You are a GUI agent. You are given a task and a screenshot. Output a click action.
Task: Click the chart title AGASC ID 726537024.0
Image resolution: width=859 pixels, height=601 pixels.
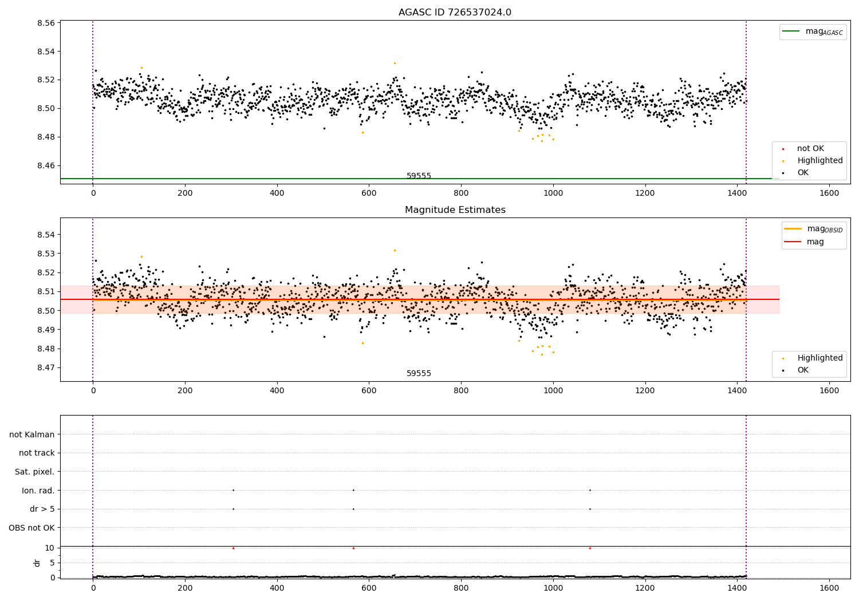click(455, 13)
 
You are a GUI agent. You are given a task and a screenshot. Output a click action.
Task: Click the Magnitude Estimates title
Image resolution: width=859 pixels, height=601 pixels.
click(455, 210)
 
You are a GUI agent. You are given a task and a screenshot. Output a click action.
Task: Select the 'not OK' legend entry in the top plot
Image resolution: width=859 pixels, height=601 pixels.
click(810, 149)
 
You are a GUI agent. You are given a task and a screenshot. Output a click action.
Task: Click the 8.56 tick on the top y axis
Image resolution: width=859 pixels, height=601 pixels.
click(46, 23)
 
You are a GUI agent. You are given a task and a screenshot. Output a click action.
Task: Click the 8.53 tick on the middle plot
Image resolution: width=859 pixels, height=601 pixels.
click(46, 254)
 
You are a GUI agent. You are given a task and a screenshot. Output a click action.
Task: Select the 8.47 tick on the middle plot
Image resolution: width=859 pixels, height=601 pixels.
click(46, 368)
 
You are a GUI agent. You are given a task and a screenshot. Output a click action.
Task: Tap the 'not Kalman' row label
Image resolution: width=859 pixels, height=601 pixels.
click(32, 434)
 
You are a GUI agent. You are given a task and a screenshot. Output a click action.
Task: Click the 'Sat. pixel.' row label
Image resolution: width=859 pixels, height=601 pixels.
click(34, 472)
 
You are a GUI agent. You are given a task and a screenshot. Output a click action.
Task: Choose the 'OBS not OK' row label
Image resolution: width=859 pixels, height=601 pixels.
click(31, 528)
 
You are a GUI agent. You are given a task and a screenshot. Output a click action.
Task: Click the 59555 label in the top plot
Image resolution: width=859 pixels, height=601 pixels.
click(419, 176)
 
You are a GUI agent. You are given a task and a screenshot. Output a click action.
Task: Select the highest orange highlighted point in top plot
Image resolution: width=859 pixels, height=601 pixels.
click(395, 63)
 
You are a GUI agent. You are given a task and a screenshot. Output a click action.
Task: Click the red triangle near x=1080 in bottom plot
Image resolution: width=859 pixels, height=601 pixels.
click(590, 548)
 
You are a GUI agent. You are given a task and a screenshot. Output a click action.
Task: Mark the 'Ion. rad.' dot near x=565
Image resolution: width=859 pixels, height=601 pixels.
click(353, 490)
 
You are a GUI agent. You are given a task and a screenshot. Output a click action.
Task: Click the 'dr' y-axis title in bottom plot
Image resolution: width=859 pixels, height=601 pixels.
click(37, 563)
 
